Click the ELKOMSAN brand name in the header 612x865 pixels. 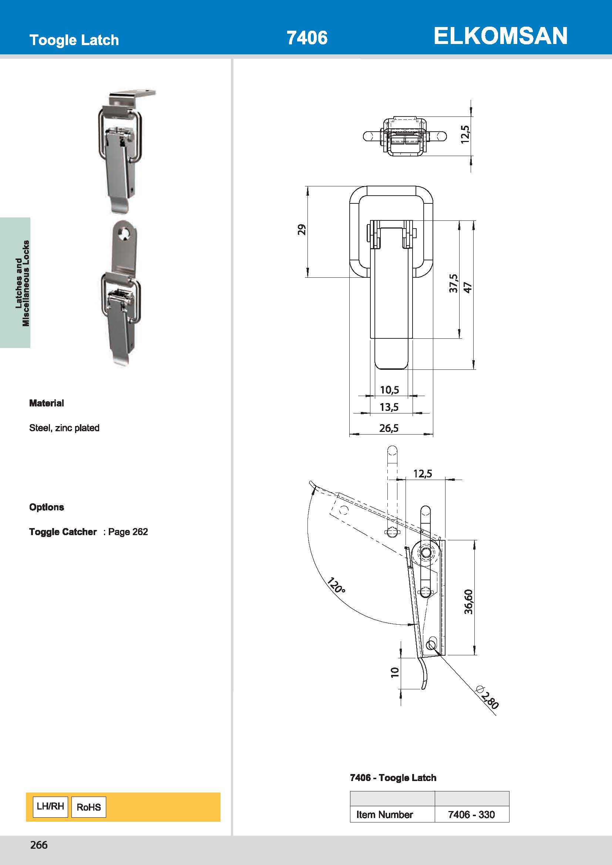(x=500, y=36)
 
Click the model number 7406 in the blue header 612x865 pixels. (x=307, y=38)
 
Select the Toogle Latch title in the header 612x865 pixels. (x=74, y=40)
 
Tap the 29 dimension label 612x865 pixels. (x=302, y=229)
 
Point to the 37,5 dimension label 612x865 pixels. (x=453, y=283)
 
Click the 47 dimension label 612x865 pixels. (x=468, y=287)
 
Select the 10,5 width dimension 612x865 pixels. (x=389, y=389)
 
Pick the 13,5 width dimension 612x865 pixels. (x=389, y=407)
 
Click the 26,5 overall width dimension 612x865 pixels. (x=389, y=428)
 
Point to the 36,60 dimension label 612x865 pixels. (x=468, y=602)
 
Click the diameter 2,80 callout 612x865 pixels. (x=488, y=698)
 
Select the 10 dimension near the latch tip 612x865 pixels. (x=394, y=672)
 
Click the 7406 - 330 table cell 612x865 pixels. (x=471, y=814)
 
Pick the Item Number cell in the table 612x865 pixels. (x=384, y=814)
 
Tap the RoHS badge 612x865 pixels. (x=88, y=807)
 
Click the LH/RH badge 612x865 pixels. (x=50, y=806)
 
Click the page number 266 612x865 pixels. (x=39, y=845)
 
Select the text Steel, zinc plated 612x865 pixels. (x=64, y=428)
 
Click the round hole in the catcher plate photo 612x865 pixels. (x=123, y=234)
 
